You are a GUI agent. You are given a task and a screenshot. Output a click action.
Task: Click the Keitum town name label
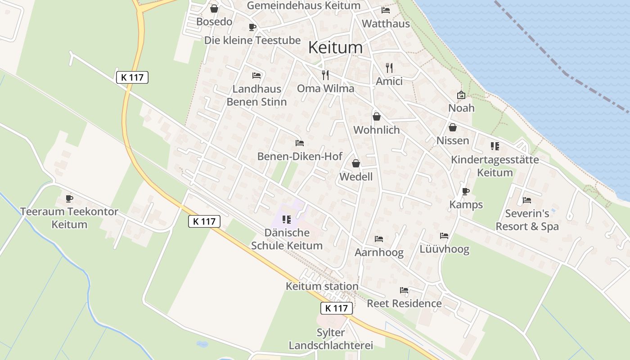tap(336, 47)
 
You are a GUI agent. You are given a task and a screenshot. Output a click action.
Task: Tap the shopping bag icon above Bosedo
tap(214, 9)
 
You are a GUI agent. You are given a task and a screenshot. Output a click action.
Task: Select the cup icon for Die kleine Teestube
tap(252, 27)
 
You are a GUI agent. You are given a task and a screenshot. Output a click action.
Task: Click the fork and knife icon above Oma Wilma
tap(325, 75)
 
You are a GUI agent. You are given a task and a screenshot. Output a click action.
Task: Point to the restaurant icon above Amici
tap(389, 68)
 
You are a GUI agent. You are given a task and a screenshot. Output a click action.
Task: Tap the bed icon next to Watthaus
tap(386, 10)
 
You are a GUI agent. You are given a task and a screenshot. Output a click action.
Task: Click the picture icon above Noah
tap(461, 95)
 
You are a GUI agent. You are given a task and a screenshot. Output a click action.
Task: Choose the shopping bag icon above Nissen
tap(453, 128)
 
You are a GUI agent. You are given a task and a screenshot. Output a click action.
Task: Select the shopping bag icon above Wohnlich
tap(377, 117)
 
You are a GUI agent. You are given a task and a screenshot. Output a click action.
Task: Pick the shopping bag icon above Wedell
tap(356, 163)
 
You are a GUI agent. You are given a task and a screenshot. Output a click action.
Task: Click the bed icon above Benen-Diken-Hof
tap(300, 143)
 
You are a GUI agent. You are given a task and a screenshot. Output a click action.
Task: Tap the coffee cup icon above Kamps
tap(466, 192)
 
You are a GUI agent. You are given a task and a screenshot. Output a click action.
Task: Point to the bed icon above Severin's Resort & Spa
tap(527, 200)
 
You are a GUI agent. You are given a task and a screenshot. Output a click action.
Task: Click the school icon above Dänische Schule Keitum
tap(287, 220)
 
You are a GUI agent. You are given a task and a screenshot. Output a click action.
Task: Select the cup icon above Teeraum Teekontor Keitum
tap(69, 198)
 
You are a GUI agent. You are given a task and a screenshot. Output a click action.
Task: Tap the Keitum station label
tap(322, 286)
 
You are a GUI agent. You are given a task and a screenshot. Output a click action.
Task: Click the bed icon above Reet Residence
tap(404, 290)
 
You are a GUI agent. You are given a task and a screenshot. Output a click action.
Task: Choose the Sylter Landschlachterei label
tap(331, 339)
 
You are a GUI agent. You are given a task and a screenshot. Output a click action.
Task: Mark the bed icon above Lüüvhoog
tap(444, 236)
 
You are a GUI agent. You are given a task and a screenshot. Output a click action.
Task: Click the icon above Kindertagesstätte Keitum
tap(495, 146)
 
